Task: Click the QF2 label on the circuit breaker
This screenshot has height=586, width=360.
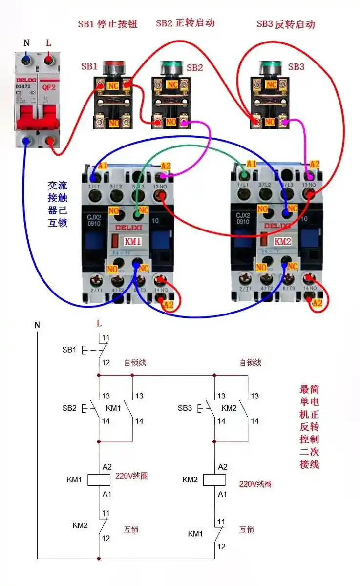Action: [x=48, y=88]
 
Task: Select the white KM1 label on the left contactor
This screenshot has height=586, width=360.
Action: [x=132, y=241]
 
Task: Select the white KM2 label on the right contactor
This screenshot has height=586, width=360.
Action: [x=282, y=241]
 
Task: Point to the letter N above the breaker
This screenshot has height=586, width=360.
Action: [x=26, y=43]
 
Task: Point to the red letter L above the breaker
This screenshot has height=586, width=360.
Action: [x=48, y=43]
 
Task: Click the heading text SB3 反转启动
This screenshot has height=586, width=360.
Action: [x=286, y=24]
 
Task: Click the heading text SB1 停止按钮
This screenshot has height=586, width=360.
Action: [x=107, y=24]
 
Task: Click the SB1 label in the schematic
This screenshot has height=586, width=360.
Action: [x=69, y=350]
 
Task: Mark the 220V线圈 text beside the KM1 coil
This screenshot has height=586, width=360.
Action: [x=131, y=476]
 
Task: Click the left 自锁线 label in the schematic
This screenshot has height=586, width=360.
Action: [x=135, y=362]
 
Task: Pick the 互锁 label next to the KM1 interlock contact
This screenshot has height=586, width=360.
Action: [x=246, y=530]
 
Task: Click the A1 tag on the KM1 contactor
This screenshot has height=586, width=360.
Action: [x=103, y=166]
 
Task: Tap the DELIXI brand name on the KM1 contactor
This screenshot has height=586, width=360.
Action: [x=127, y=227]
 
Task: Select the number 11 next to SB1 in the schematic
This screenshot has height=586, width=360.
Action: [x=106, y=337]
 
